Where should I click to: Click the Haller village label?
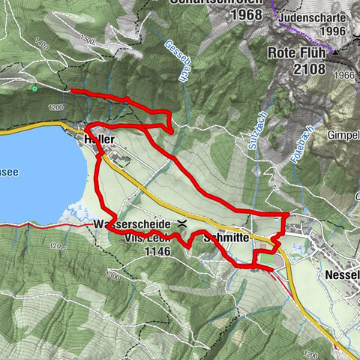[99, 139]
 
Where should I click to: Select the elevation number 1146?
[156, 252]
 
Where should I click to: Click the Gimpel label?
[345, 135]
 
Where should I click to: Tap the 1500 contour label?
[86, 40]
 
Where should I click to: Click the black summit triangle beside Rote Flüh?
[335, 54]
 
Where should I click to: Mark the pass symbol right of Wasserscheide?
[182, 223]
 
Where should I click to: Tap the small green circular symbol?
[34, 88]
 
